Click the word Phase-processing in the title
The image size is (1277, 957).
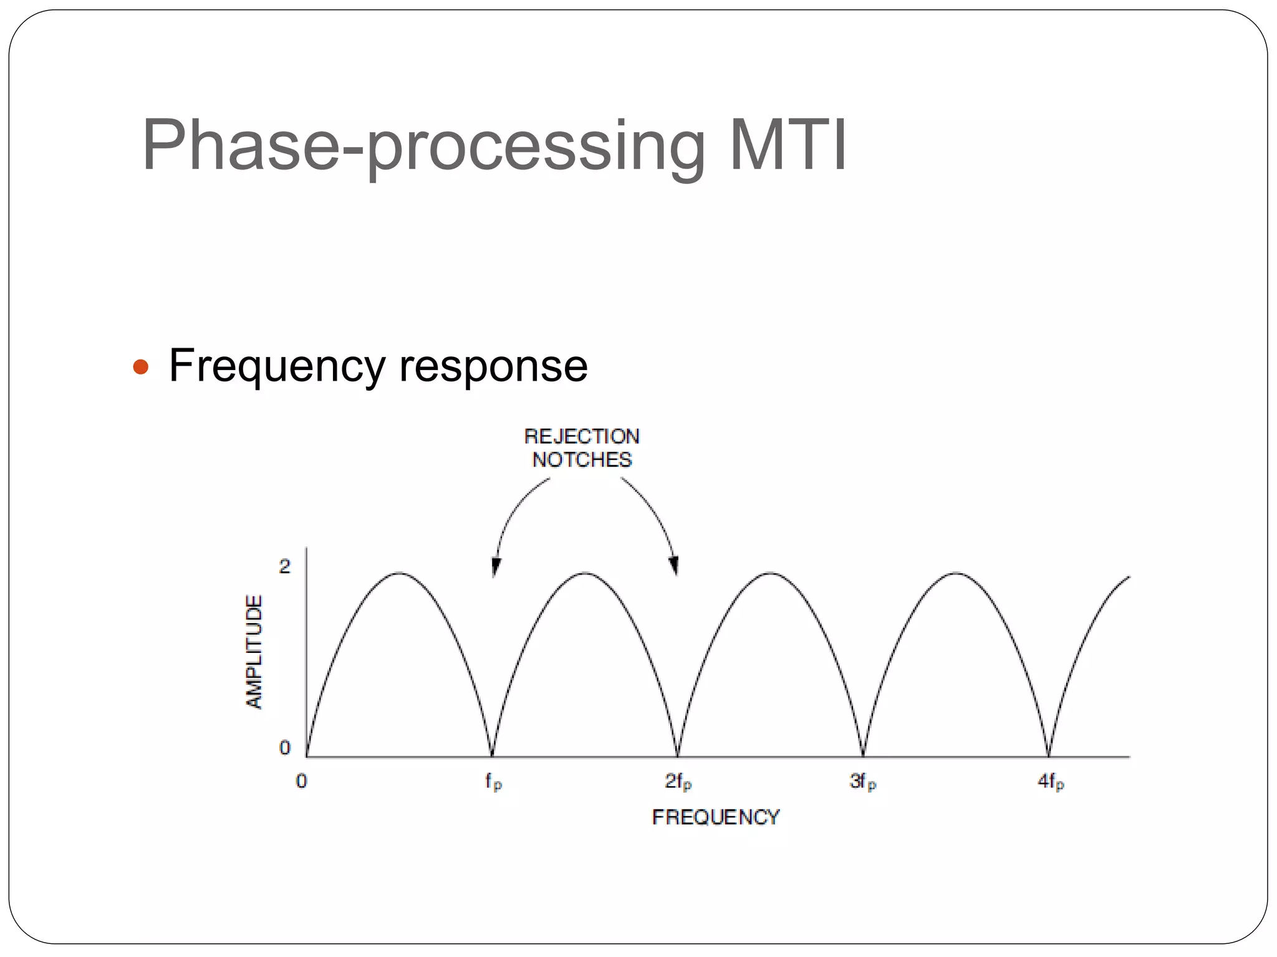tap(424, 146)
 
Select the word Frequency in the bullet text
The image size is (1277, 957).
tap(277, 366)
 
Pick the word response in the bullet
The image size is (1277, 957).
tap(493, 366)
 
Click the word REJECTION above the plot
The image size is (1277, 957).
tap(581, 436)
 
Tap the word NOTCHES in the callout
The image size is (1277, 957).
tap(581, 460)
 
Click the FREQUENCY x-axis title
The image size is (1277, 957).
tap(715, 817)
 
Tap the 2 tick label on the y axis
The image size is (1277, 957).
tap(285, 566)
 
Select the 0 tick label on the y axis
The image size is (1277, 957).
tap(285, 747)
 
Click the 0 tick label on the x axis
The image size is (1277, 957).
tap(302, 781)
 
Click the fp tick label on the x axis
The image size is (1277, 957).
tap(493, 781)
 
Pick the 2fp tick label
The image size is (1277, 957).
tap(678, 781)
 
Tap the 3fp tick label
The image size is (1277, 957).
tap(863, 781)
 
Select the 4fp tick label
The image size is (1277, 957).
tap(1051, 781)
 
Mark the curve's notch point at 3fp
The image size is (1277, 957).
tap(863, 755)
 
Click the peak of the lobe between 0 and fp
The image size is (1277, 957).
tap(400, 573)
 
